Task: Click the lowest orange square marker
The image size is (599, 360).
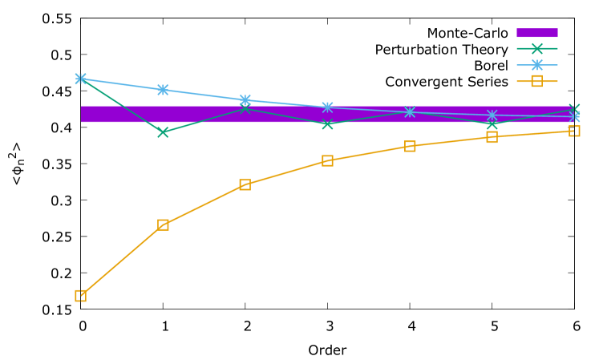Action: point(81,296)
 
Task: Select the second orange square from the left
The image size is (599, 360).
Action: point(163,224)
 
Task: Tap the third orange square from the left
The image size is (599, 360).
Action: point(245,184)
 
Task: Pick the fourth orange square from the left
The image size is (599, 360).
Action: point(327,160)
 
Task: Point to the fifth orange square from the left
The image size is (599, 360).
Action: point(410,146)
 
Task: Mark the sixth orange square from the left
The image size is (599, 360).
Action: point(492,137)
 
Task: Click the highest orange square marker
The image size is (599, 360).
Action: point(574,131)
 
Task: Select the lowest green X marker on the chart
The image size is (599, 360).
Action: point(163,131)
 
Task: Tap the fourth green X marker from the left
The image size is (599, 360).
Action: point(327,124)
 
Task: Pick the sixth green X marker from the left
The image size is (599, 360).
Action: point(492,124)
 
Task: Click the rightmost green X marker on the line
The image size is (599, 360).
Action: point(574,109)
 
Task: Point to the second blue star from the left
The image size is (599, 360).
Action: point(163,90)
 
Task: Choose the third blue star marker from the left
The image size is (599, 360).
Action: point(245,100)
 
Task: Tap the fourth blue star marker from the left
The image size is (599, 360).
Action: point(327,107)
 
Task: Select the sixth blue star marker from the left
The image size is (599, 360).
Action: point(492,115)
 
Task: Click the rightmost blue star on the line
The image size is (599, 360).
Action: point(574,117)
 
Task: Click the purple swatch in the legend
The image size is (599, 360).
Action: point(536,33)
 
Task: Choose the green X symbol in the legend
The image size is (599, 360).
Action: point(536,49)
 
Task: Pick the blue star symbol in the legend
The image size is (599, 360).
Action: point(536,65)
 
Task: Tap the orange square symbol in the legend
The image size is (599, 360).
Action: point(536,81)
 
